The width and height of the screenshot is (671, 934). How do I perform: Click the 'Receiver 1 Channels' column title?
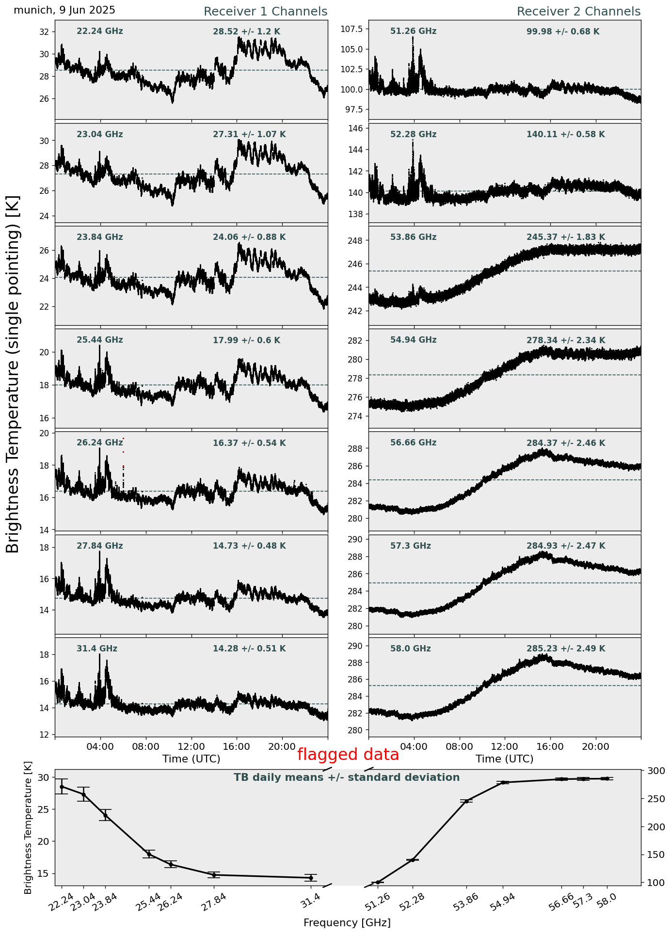(x=265, y=12)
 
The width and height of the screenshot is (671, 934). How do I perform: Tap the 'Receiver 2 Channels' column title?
(x=578, y=12)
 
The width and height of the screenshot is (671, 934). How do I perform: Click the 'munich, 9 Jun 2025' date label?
(x=64, y=10)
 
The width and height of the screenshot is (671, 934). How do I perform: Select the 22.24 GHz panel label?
(x=100, y=32)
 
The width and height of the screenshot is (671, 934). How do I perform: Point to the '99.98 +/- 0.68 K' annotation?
(x=563, y=32)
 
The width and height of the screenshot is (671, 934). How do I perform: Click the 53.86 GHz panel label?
(x=413, y=237)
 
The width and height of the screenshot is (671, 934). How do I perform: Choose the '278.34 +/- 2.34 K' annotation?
(x=566, y=341)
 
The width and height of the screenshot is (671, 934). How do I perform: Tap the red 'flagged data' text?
(x=348, y=755)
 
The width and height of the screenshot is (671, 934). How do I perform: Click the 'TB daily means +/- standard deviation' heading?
(x=347, y=777)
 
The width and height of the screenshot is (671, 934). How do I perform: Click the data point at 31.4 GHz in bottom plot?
(x=311, y=878)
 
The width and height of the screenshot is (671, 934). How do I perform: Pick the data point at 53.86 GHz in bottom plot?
(x=466, y=801)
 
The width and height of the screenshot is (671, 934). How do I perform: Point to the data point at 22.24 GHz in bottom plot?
(x=62, y=787)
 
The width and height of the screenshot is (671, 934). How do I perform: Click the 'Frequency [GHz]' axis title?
(x=347, y=922)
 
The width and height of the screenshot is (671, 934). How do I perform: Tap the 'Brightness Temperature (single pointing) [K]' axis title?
(x=13, y=374)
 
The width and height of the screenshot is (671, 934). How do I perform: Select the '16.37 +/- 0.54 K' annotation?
(x=249, y=443)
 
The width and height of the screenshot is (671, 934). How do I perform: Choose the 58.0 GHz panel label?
(x=410, y=649)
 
